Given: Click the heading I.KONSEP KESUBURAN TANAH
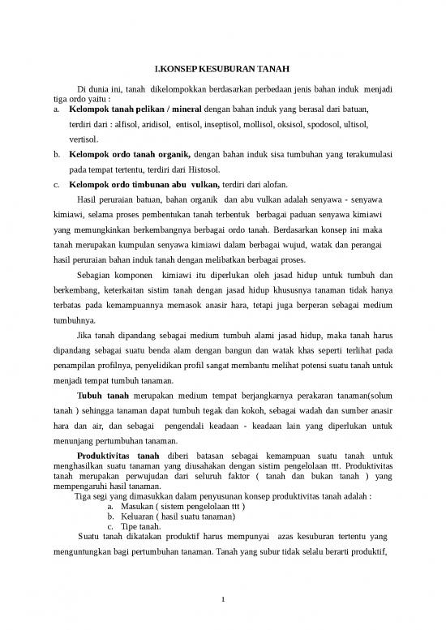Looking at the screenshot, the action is [222, 69].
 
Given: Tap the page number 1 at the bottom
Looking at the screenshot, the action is [223, 601].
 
